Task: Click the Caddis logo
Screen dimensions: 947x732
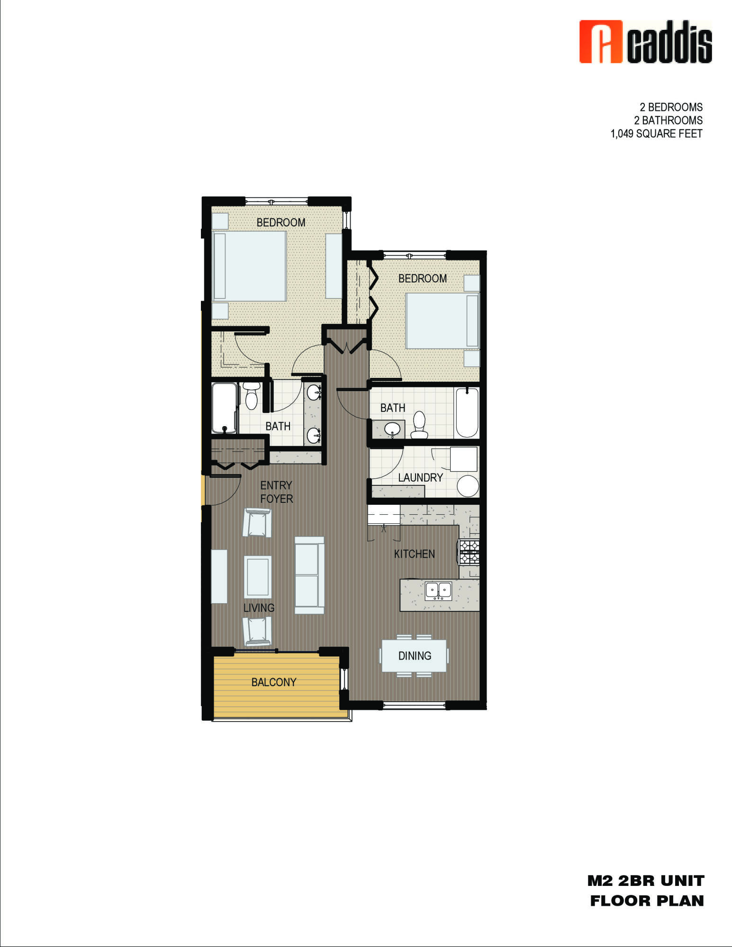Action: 645,42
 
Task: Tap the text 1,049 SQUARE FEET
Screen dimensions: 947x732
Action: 656,134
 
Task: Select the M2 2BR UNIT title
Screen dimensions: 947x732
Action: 646,881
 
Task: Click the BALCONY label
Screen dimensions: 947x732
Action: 273,682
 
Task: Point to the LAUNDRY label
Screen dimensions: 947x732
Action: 420,477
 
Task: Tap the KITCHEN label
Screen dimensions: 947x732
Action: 414,554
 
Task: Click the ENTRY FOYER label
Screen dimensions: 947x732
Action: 276,492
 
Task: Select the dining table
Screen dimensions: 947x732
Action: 414,656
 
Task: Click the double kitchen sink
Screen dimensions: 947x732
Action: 438,590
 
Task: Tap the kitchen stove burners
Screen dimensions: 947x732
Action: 469,552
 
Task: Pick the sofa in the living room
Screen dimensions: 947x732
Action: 309,575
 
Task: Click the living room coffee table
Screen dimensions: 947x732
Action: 258,577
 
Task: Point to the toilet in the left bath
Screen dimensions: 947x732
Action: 251,396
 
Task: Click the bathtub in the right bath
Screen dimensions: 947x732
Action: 467,412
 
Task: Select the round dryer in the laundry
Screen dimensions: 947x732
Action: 468,486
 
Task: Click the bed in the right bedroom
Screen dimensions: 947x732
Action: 442,321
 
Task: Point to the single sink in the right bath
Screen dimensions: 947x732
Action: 392,429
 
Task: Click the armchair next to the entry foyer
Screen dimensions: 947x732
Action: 257,522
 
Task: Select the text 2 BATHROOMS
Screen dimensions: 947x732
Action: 668,120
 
